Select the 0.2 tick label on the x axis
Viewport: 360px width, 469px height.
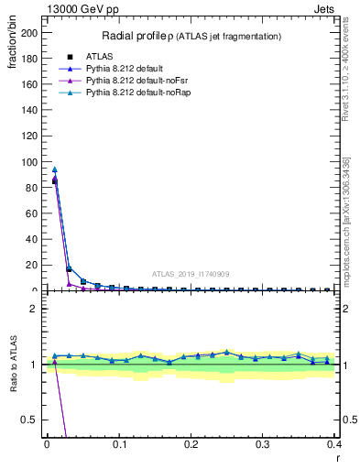[x=191, y=443]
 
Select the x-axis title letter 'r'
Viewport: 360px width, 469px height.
[x=337, y=457]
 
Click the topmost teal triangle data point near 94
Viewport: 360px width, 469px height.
[x=55, y=169]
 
